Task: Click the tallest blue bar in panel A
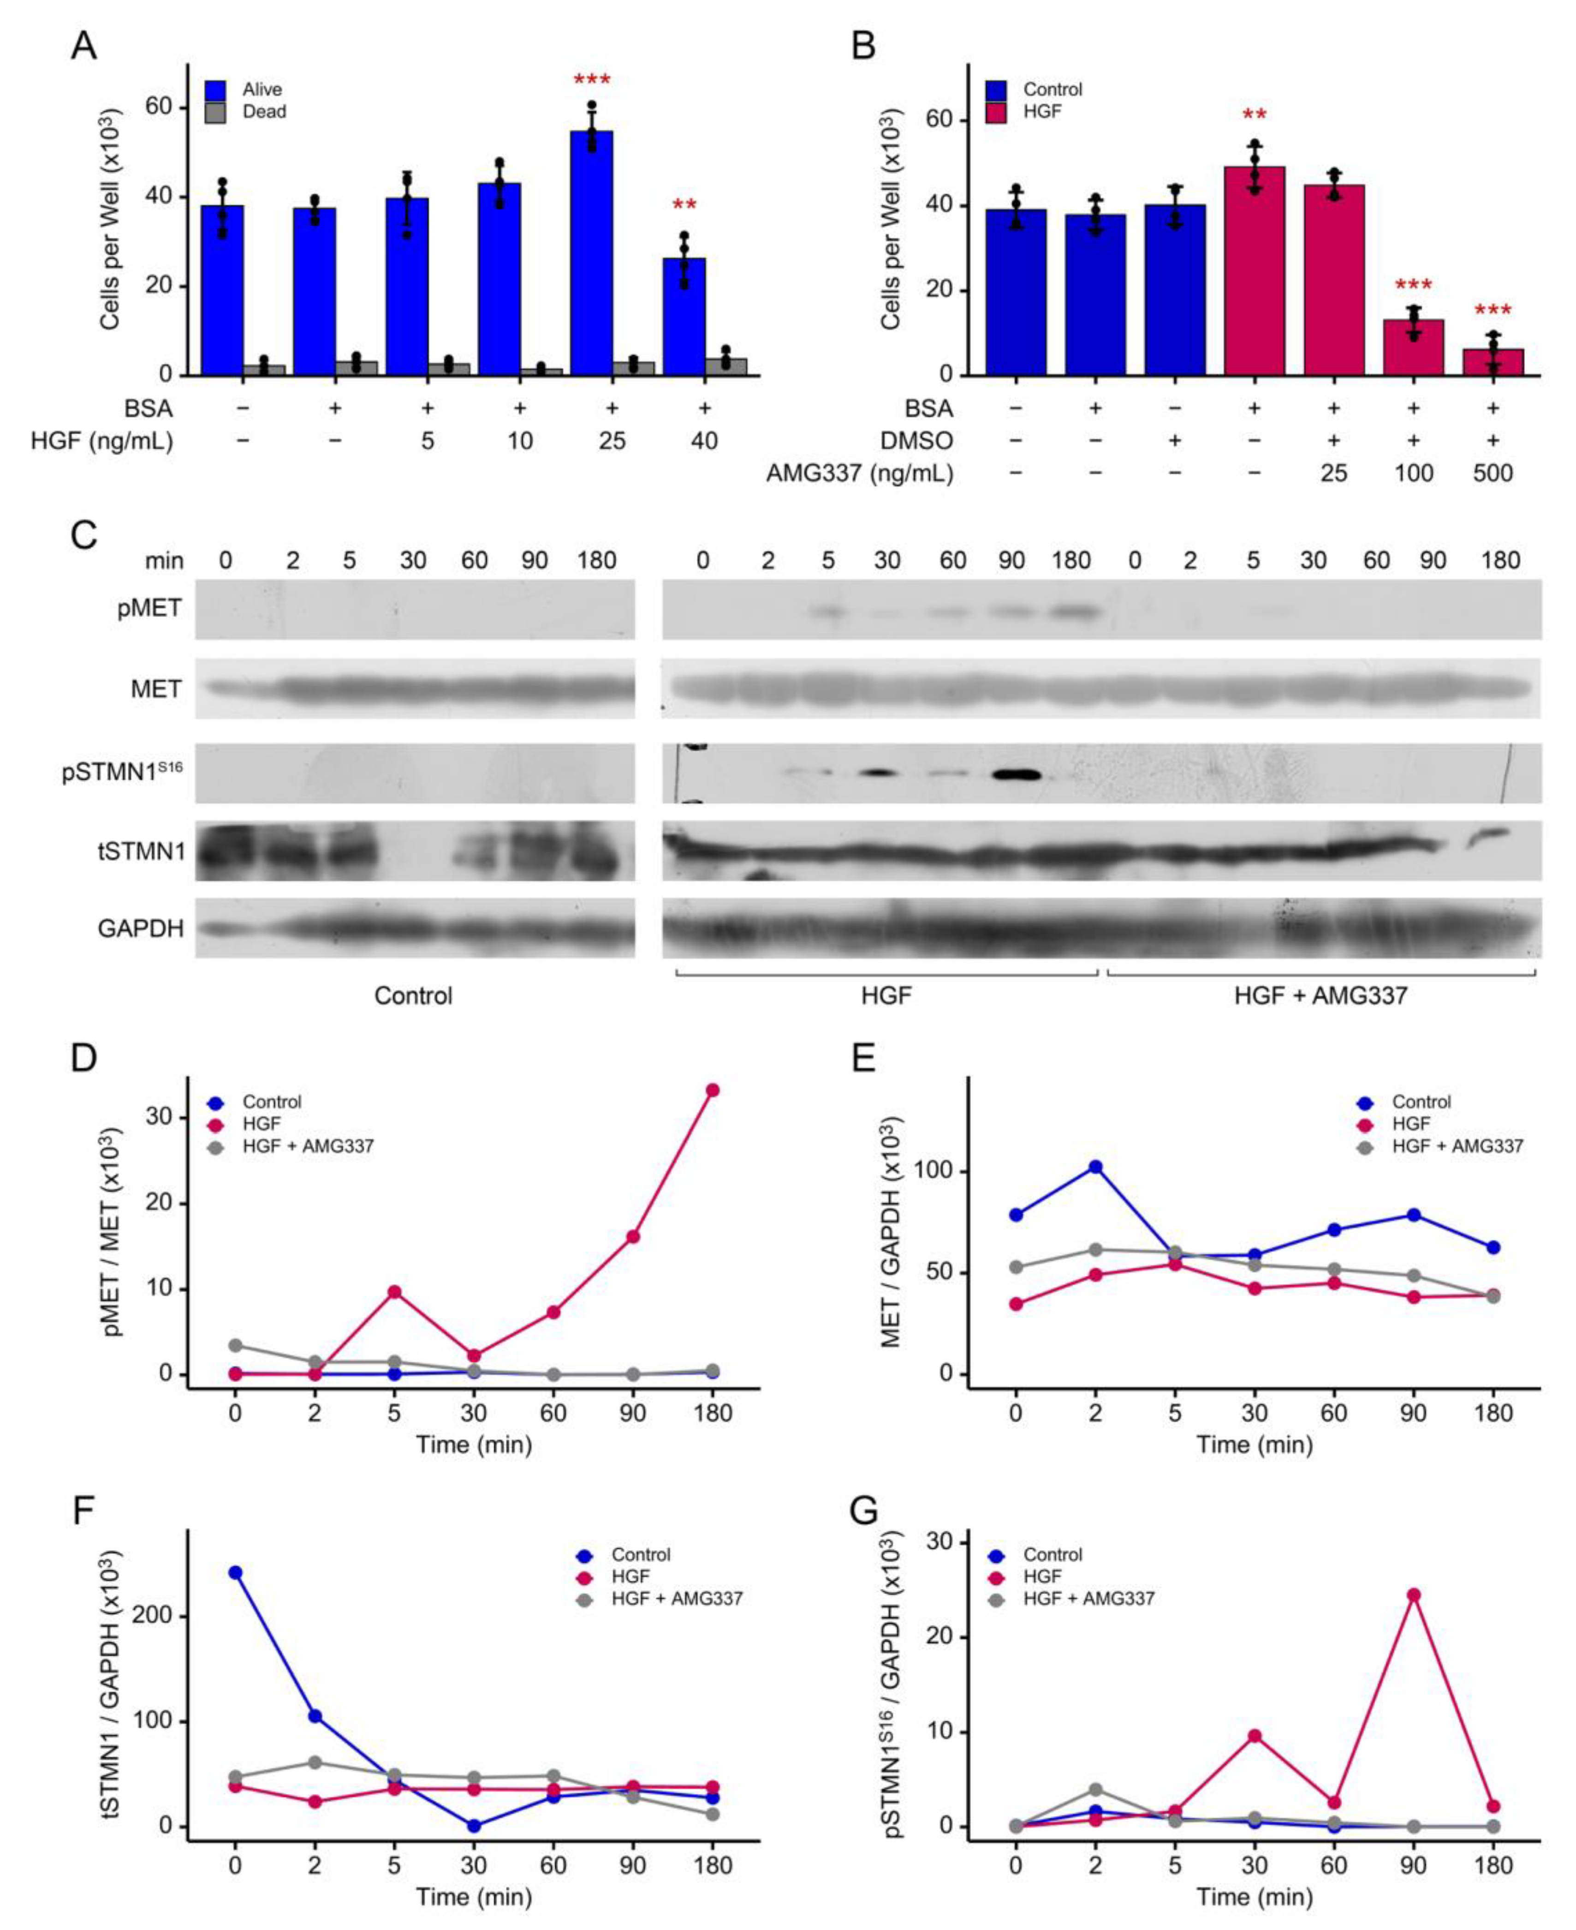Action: pos(591,252)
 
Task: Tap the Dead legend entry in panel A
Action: pos(263,112)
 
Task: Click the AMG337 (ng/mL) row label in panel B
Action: pos(859,473)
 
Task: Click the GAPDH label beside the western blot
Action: pos(141,928)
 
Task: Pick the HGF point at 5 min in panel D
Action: pos(394,1291)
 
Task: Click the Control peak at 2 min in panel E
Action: pos(1096,1167)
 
